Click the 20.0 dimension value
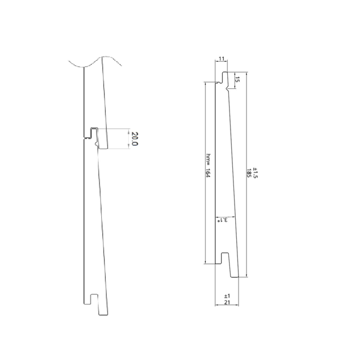(134, 139)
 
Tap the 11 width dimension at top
(221, 58)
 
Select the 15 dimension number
(237, 80)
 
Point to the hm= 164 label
(208, 165)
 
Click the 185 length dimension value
(249, 173)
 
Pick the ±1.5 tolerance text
(255, 173)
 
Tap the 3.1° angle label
(223, 220)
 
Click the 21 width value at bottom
(227, 302)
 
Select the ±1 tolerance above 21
(227, 296)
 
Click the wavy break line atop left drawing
(95, 61)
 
